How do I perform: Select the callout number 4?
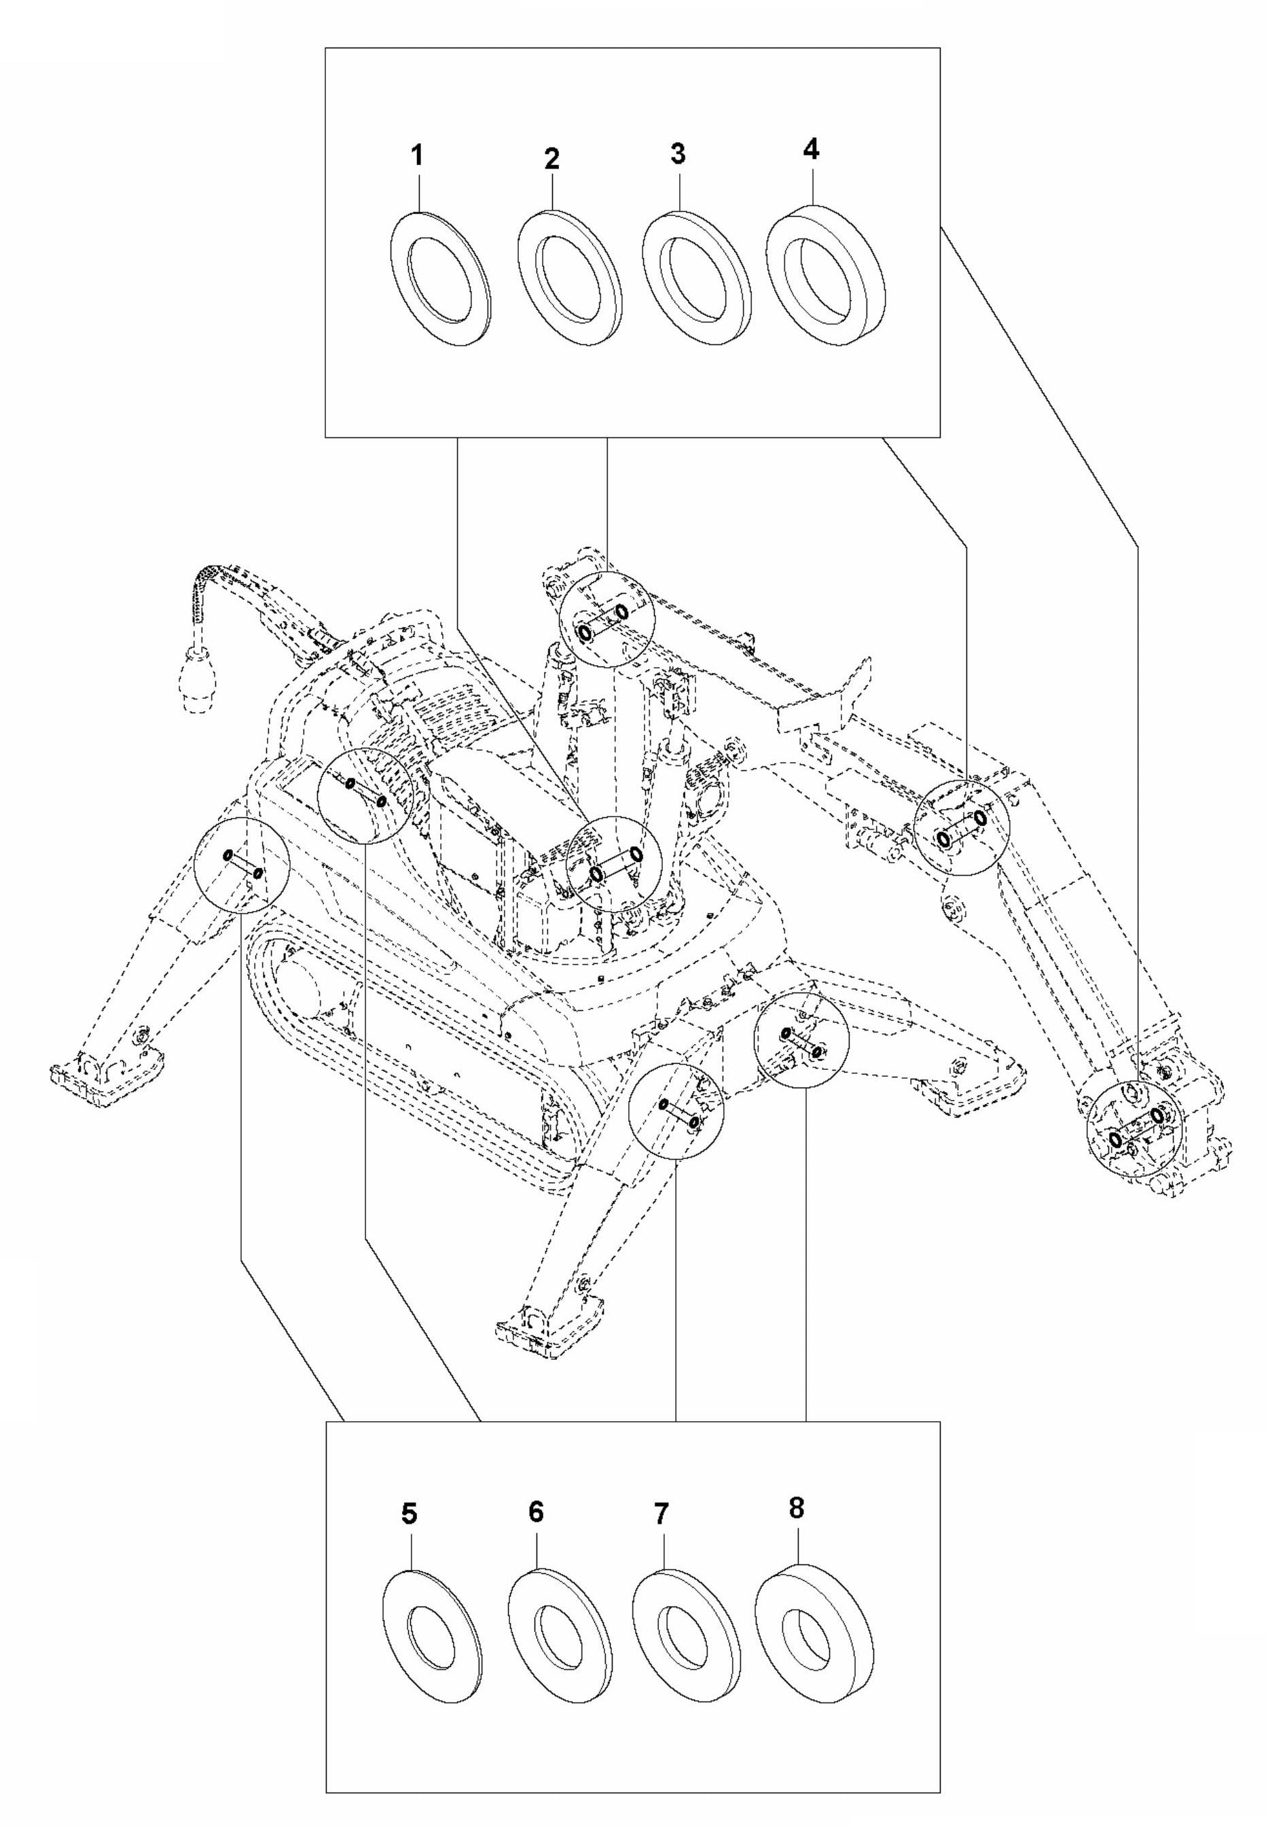coord(811,149)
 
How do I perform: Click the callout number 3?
coord(677,154)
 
